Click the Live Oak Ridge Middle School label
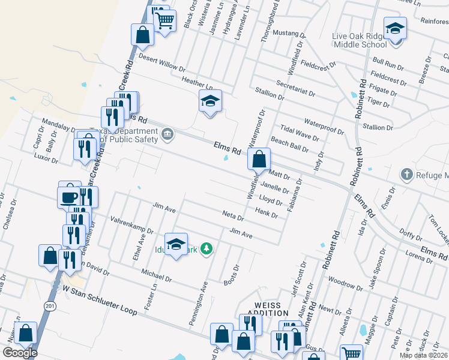[x=359, y=40]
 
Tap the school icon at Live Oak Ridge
[x=395, y=29]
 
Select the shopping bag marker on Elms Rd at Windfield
[x=259, y=160]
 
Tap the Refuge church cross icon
[x=406, y=174]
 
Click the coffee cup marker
[x=69, y=196]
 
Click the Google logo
[x=20, y=353]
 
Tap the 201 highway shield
[x=49, y=305]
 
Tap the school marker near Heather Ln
[x=210, y=101]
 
